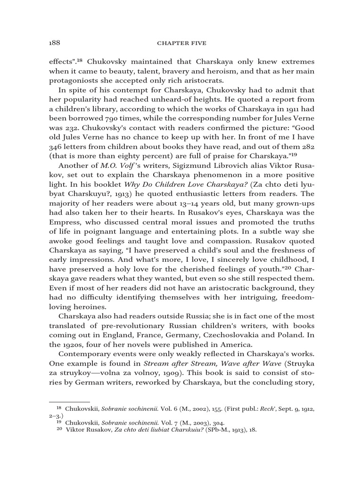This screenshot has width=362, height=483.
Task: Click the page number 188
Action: coord(55,43)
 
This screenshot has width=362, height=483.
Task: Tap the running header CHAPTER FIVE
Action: coord(181,43)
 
